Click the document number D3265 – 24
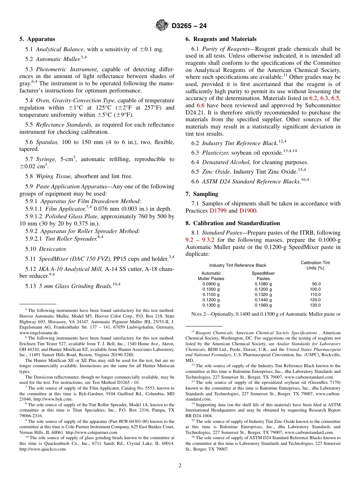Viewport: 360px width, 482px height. tap(189, 26)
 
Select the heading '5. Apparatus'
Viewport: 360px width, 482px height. tap(37, 39)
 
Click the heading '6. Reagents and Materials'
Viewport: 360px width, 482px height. tap(221, 39)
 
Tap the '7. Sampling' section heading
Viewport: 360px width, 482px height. tap(202, 194)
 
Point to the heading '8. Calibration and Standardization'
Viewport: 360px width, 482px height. tap(233, 223)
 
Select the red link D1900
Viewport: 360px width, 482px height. tap(248, 210)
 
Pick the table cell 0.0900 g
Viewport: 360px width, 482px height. tap(211, 284)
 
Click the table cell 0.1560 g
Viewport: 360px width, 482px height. tap(263, 305)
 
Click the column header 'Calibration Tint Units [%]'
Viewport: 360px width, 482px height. tap(315, 265)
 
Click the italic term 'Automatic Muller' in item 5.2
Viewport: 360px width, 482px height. tap(58, 59)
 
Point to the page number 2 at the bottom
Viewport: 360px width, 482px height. tap(180, 466)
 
